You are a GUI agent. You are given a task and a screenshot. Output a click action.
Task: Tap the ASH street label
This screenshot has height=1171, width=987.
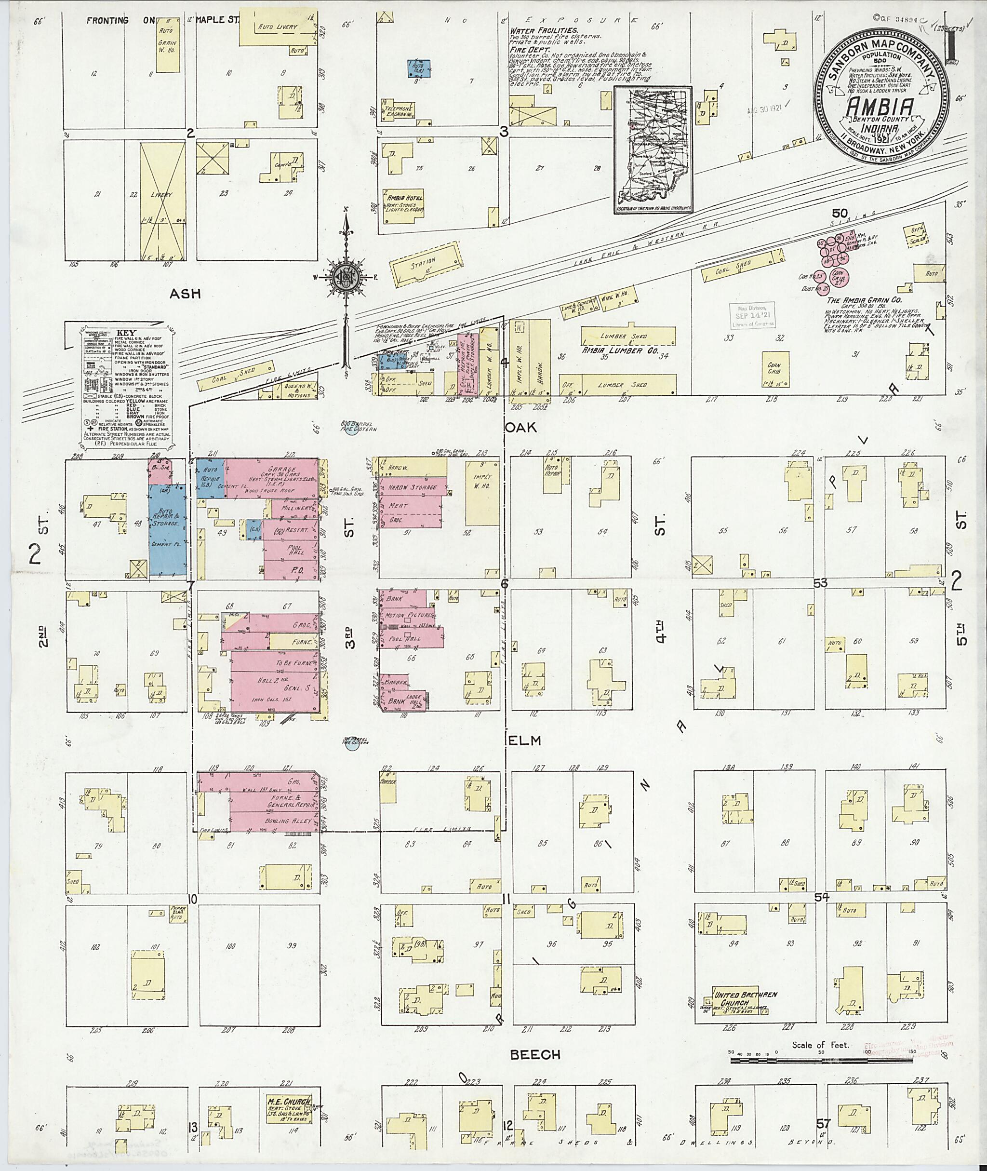coord(187,294)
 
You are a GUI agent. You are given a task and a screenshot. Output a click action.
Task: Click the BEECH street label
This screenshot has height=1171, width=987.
coord(535,1054)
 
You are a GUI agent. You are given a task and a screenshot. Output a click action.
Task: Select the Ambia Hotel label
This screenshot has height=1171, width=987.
coord(403,198)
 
